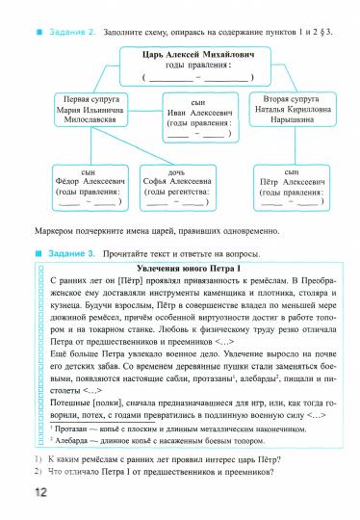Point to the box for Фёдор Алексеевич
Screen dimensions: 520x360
90,187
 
